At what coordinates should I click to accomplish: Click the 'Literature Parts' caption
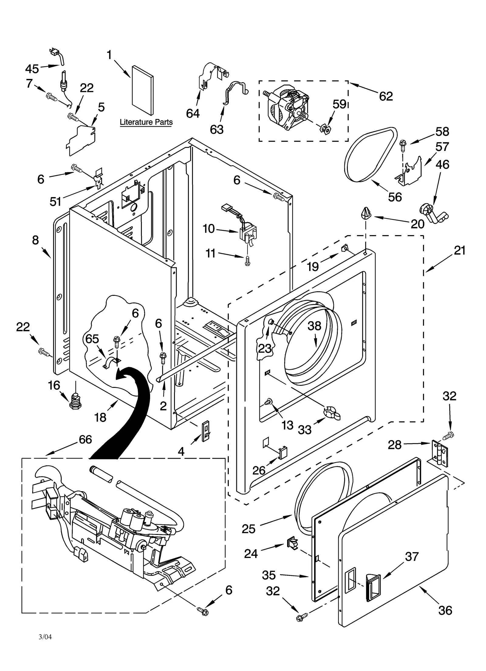tap(146, 122)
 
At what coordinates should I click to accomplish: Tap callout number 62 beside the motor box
tap(386, 96)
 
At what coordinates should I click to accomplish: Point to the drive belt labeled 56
tap(371, 155)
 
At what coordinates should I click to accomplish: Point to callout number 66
tap(85, 439)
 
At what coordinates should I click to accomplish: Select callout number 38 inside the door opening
tap(314, 326)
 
